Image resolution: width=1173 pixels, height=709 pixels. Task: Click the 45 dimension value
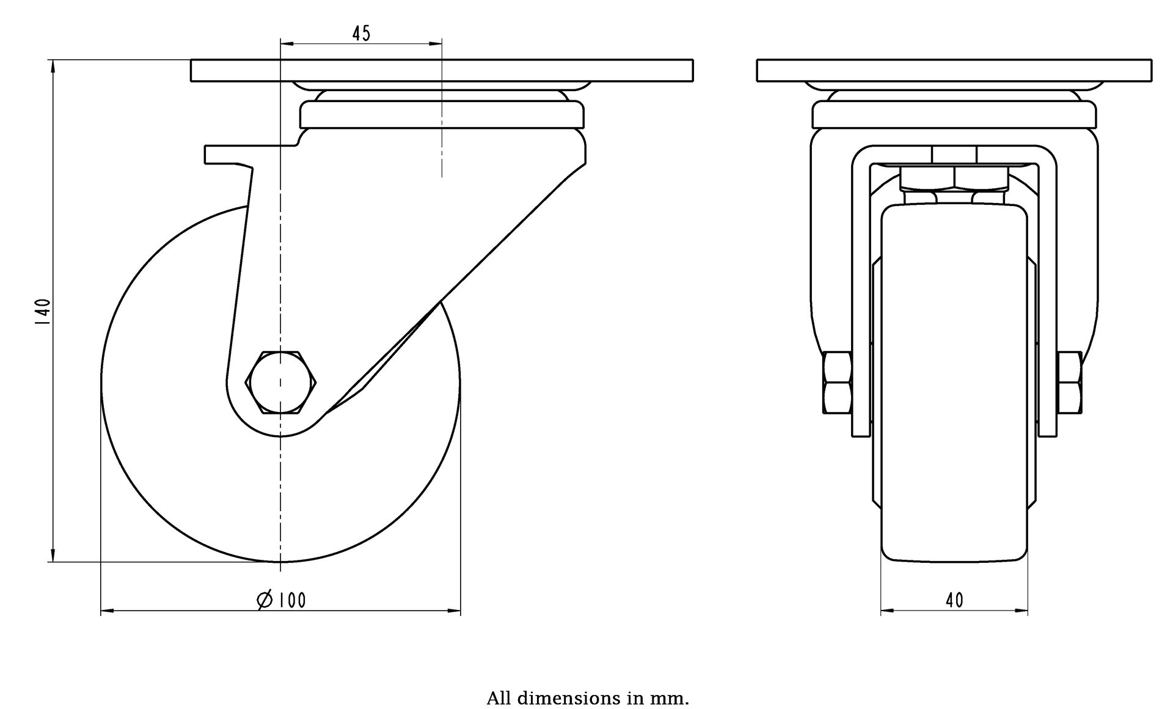[x=361, y=34]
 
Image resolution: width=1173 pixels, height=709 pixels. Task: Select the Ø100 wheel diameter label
[x=282, y=600]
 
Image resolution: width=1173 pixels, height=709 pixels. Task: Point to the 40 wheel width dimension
[x=954, y=600]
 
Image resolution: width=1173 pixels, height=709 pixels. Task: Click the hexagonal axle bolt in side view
[x=281, y=383]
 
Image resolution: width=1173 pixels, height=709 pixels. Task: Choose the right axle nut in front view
[x=1070, y=383]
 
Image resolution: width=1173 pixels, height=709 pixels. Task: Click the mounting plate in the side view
[x=442, y=70]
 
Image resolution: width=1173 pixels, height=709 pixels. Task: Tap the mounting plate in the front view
[x=954, y=70]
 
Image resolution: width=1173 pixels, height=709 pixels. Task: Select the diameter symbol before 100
[x=265, y=600]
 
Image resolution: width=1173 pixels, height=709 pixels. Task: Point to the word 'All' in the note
[x=498, y=698]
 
